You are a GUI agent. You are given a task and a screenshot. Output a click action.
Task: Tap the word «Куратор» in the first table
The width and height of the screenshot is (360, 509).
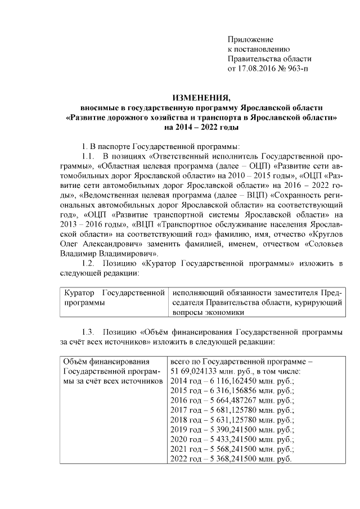[x=79, y=293]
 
